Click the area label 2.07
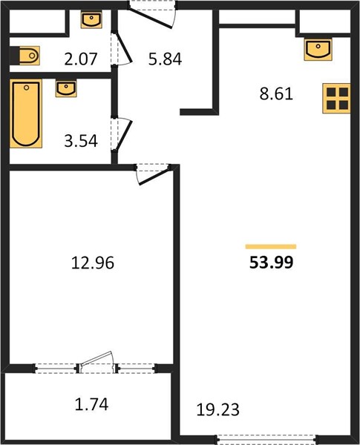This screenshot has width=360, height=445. [x=81, y=59]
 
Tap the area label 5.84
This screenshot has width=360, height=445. [x=165, y=59]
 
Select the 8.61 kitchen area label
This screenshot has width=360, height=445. [x=276, y=94]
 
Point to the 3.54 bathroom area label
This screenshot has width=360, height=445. [x=81, y=141]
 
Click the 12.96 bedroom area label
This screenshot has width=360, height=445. [x=93, y=263]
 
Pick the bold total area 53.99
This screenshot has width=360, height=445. [x=272, y=263]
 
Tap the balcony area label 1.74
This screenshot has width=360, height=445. [x=92, y=404]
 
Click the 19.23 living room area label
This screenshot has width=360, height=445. [x=218, y=410]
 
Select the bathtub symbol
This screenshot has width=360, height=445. [x=26, y=113]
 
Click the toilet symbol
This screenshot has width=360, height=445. [x=27, y=56]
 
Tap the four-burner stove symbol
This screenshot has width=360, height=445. [x=336, y=99]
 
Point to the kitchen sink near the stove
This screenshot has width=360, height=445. [x=318, y=50]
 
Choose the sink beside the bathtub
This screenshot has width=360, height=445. [x=66, y=88]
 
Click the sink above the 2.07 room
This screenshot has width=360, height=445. [x=91, y=20]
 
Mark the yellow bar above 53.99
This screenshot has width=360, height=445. [x=271, y=247]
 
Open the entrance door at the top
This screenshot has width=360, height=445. [x=152, y=14]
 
